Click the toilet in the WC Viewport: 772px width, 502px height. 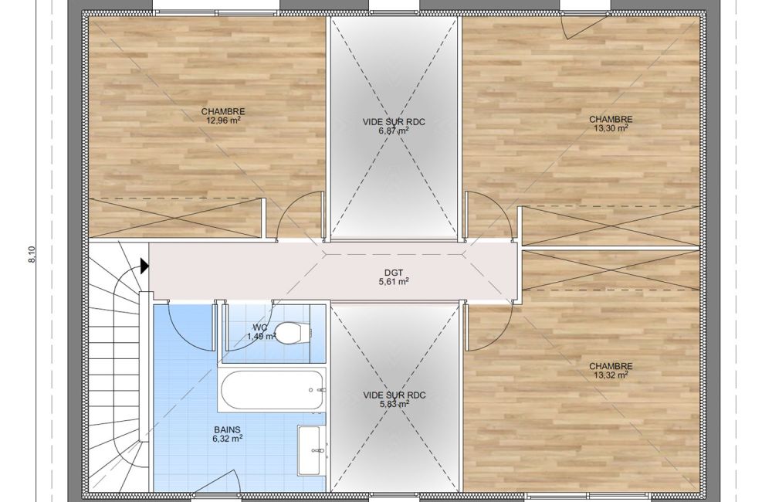(288, 334)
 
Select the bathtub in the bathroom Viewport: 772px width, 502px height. (273, 391)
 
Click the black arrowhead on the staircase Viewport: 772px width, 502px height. (144, 266)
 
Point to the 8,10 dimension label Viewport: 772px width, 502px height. (32, 254)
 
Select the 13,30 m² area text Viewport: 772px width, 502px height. (611, 128)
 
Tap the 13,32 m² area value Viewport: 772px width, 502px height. (611, 375)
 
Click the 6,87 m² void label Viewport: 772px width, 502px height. (394, 131)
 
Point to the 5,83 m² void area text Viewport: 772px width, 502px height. (394, 404)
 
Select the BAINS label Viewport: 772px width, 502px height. (227, 430)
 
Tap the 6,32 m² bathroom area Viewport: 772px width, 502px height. (227, 439)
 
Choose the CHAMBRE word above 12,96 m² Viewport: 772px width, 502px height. (223, 111)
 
